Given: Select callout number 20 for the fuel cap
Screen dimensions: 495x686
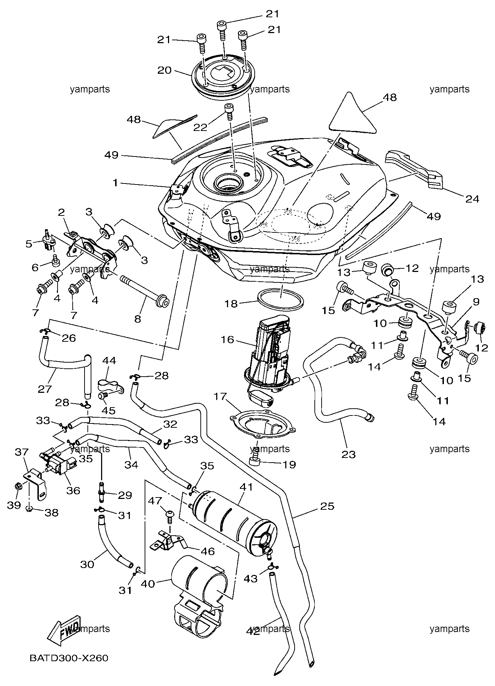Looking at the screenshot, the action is [x=164, y=70].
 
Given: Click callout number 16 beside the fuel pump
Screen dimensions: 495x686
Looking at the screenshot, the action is [x=227, y=340].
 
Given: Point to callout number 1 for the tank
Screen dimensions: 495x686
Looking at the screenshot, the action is [x=115, y=183].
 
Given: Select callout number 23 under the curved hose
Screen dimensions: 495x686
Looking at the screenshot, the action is [x=349, y=455].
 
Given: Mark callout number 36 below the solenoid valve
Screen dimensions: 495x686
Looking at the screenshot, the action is [x=73, y=491].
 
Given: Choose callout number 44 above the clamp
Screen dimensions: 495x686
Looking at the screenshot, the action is [x=109, y=360].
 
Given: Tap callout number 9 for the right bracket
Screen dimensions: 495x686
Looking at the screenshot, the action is [x=476, y=302].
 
